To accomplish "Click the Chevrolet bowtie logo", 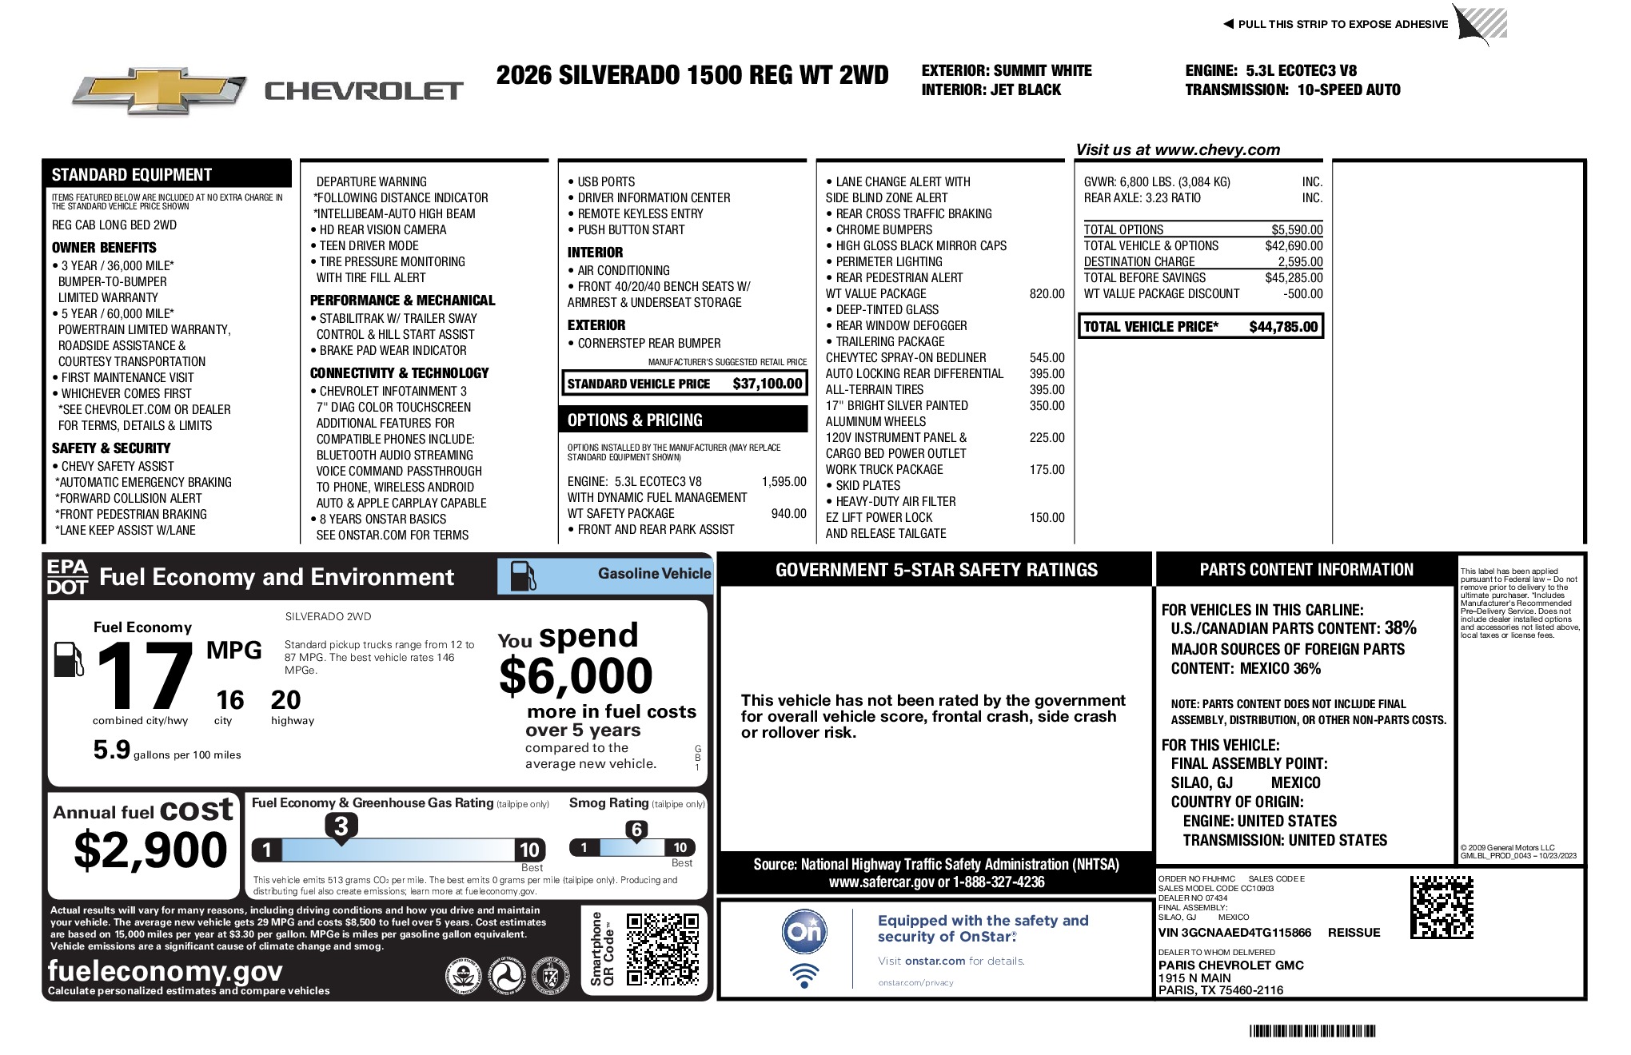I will coord(158,90).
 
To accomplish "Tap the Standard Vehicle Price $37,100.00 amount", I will coord(767,384).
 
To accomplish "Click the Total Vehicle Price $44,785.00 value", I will coord(1283,327).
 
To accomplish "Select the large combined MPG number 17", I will coord(145,677).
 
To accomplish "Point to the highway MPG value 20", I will coord(285,700).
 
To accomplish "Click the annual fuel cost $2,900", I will coord(150,850).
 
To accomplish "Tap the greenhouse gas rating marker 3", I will coord(341,826).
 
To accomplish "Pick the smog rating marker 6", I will coord(636,830).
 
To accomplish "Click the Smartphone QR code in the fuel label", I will coord(662,949).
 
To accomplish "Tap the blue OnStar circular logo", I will coord(804,931).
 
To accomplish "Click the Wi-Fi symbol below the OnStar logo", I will coord(804,975).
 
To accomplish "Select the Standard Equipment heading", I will coord(132,175).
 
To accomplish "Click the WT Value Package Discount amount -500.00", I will coord(1302,294).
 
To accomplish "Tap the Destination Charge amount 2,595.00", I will coord(1300,262).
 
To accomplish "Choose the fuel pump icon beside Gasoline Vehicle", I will coord(523,575).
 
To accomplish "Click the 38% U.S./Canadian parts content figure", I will coord(1400,628).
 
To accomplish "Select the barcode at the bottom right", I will coord(1313,1031).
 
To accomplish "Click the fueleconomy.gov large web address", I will coord(165,971).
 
